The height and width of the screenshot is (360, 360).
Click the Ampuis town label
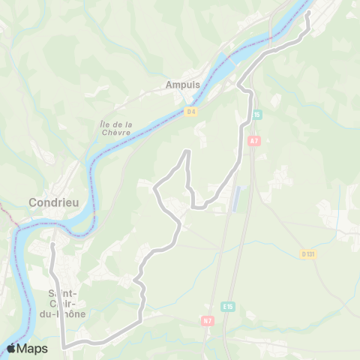coord(184,85)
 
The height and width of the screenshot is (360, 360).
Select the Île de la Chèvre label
coord(115,128)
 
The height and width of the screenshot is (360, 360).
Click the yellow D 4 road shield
coord(190,111)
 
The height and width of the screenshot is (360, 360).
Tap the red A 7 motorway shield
coord(253,140)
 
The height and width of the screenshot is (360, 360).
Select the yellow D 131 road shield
coord(307,254)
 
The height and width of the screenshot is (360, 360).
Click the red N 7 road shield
coord(207,321)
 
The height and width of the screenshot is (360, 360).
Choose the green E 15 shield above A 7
coord(256,115)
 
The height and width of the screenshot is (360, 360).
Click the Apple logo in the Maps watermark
coord(13,348)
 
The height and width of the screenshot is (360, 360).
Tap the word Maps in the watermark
coord(34,348)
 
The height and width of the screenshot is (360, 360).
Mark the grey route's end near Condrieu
coord(52,244)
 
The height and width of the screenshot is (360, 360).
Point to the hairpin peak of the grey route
coord(186,152)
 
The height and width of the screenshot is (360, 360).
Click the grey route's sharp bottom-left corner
coord(64,347)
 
